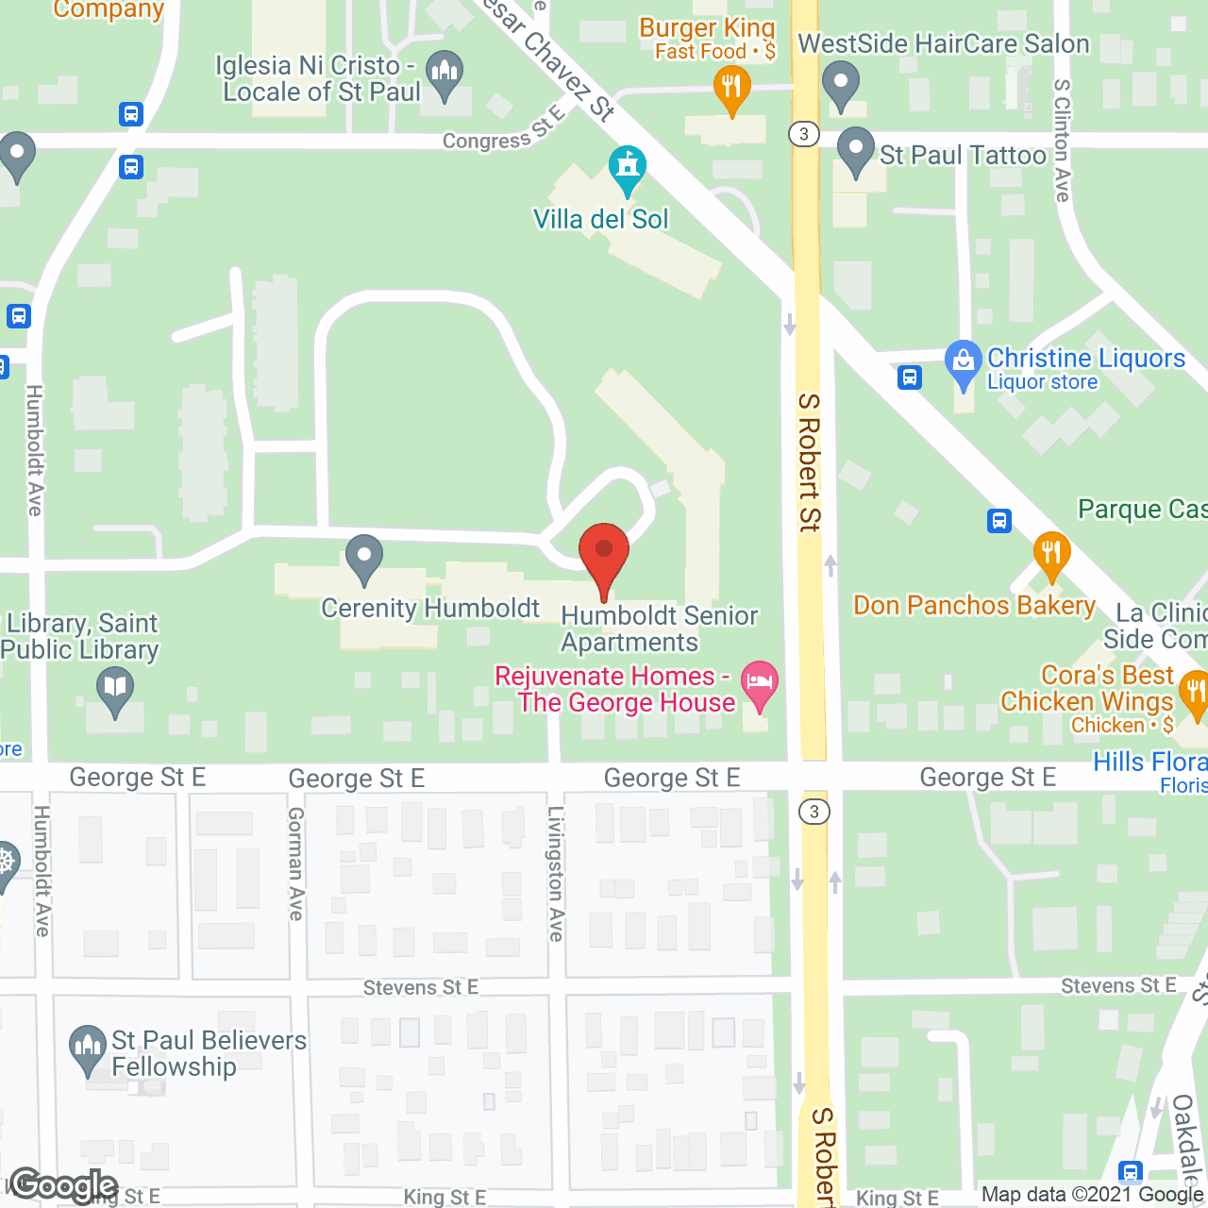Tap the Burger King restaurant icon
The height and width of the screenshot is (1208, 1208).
pyautogui.click(x=731, y=89)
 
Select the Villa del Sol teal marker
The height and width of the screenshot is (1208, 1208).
pyautogui.click(x=627, y=167)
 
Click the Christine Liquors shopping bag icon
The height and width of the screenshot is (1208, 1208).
pyautogui.click(x=963, y=362)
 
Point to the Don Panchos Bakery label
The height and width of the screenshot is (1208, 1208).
pyautogui.click(x=974, y=605)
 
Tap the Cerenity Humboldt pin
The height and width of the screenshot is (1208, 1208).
pyautogui.click(x=363, y=557)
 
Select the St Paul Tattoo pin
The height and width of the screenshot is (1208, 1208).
pyautogui.click(x=856, y=150)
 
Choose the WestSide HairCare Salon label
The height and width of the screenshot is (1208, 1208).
pyautogui.click(x=944, y=44)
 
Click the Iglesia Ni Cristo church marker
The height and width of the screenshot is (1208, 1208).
pyautogui.click(x=444, y=73)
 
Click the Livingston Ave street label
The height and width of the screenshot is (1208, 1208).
pyautogui.click(x=556, y=873)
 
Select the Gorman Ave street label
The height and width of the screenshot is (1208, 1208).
pyautogui.click(x=295, y=863)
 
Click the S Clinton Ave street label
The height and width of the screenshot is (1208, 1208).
pyautogui.click(x=1062, y=141)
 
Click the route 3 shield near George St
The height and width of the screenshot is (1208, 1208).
pyautogui.click(x=814, y=812)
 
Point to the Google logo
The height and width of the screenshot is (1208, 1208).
pyautogui.click(x=63, y=1185)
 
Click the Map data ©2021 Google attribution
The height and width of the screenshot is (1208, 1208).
pyautogui.click(x=1093, y=1195)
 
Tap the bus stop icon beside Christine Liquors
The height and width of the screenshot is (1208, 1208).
pyautogui.click(x=909, y=377)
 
